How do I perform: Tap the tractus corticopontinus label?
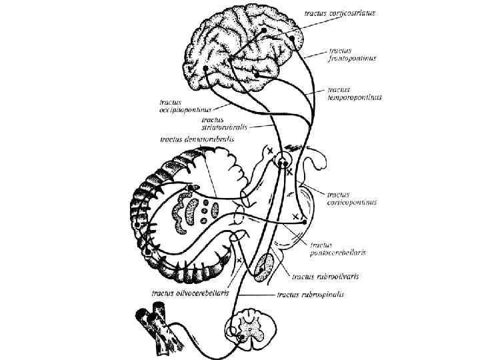[x=352, y=197]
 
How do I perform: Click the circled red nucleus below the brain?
[x=285, y=161]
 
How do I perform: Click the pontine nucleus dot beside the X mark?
[x=304, y=219]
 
